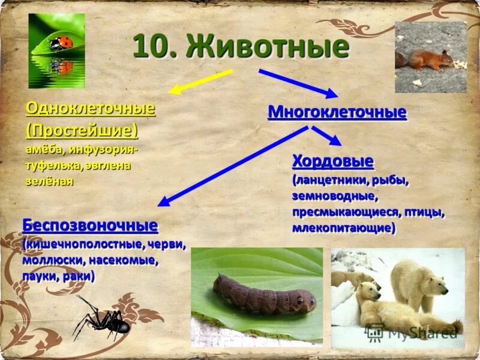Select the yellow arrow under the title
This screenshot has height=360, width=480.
pyautogui.click(x=200, y=82)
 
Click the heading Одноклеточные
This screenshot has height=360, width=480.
pyautogui.click(x=91, y=109)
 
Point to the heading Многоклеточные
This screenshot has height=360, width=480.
pyautogui.click(x=337, y=112)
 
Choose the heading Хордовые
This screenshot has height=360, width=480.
pyautogui.click(x=333, y=161)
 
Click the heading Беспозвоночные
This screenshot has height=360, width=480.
pyautogui.click(x=91, y=226)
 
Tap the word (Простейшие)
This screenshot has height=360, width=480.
pyautogui.click(x=81, y=130)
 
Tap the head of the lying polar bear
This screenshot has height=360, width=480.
pyautogui.click(x=368, y=292)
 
